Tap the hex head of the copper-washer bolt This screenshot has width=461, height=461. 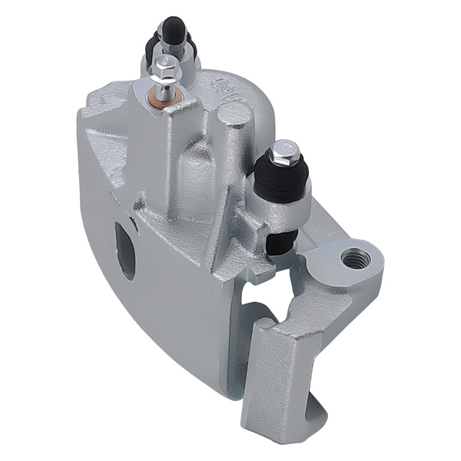pos(166,71)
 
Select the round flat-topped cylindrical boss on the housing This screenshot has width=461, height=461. pos(232,116)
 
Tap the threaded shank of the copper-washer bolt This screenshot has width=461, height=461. pos(165,84)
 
